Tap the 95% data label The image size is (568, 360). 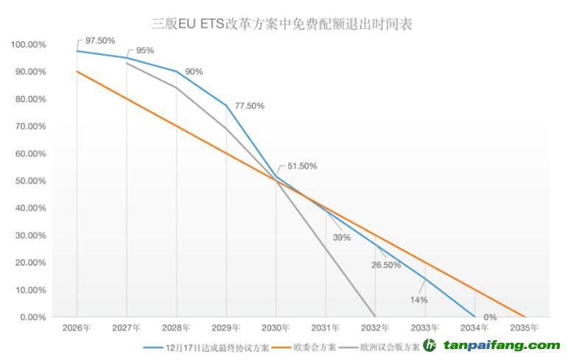coord(145,51)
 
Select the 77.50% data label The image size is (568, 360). coord(249,106)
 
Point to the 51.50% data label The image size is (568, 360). coord(302,166)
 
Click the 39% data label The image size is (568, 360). coord(341,238)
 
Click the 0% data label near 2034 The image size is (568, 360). coord(490,317)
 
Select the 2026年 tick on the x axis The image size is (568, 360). coord(77,328)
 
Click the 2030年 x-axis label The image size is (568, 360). coord(276,328)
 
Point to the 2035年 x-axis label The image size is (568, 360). coord(525,328)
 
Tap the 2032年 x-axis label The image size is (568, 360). coord(376,328)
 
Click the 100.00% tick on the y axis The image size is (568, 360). coord(29,45)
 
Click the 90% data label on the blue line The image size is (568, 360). coord(194,71)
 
